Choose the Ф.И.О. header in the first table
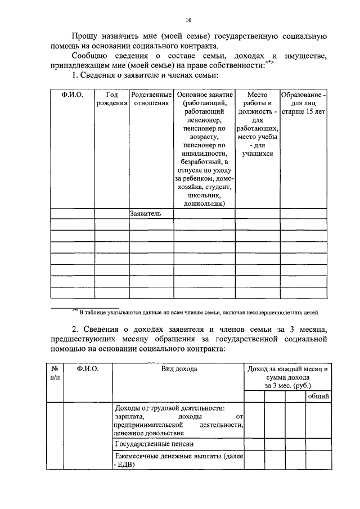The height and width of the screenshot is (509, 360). [72, 95]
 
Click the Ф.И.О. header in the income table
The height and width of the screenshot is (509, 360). [87, 369]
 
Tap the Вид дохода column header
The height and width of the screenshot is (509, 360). [178, 369]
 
